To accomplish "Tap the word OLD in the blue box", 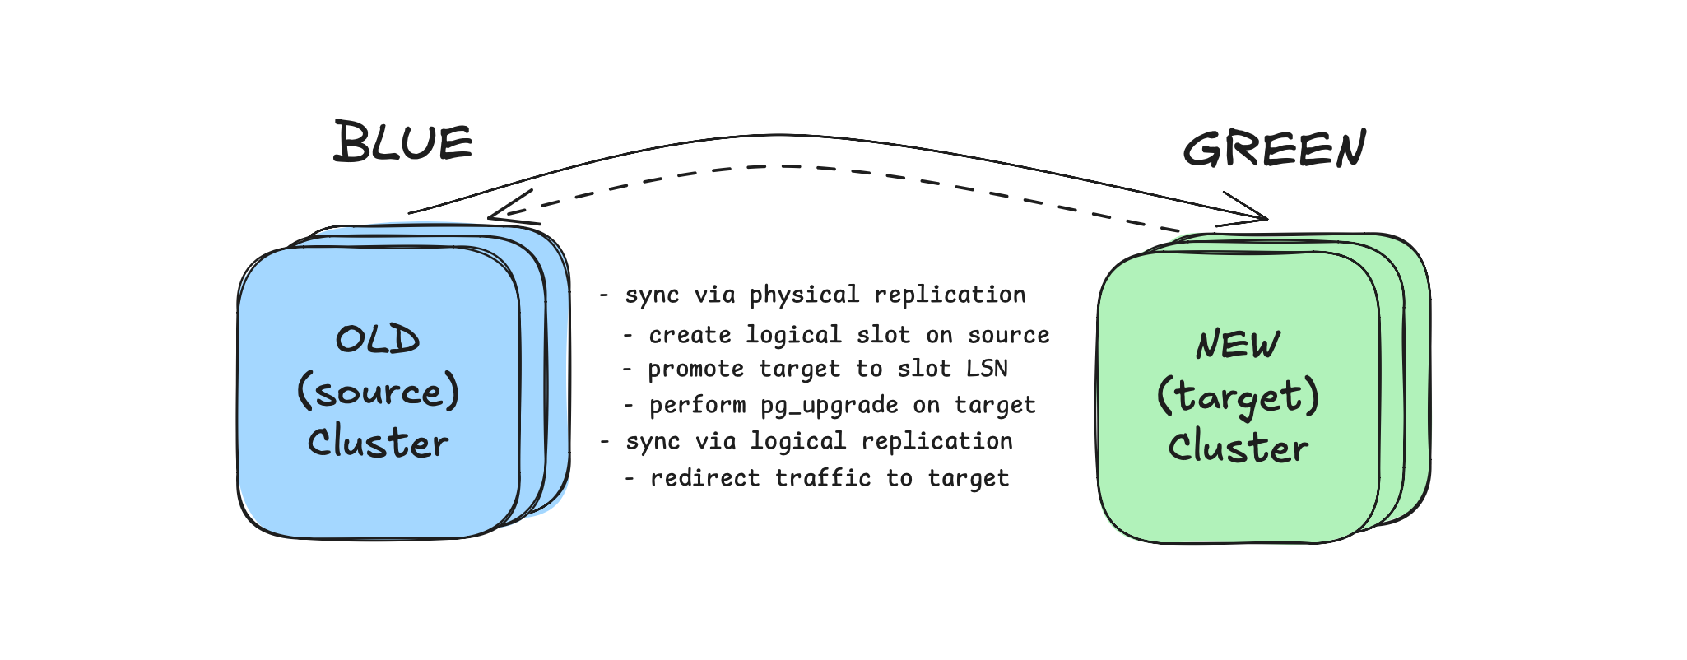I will pyautogui.click(x=378, y=340).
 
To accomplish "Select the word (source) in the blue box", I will pyautogui.click(x=378, y=392).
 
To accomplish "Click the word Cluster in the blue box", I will pyautogui.click(x=378, y=443).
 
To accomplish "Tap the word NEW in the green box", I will pyautogui.click(x=1238, y=345).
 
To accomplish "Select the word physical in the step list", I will pyautogui.click(x=804, y=295).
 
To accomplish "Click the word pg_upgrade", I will pyautogui.click(x=829, y=406).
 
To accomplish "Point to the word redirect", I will pyautogui.click(x=704, y=478).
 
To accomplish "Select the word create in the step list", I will pyautogui.click(x=690, y=335).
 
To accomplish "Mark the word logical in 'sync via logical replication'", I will pyautogui.click(x=797, y=442).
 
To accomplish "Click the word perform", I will pyautogui.click(x=697, y=406).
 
